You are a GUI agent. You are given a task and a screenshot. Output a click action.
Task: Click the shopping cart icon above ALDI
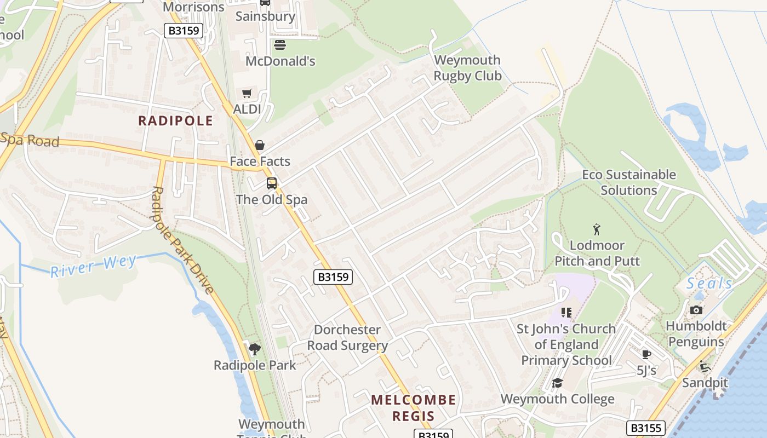[247, 93]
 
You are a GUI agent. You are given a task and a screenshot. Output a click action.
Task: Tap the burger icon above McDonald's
[280, 44]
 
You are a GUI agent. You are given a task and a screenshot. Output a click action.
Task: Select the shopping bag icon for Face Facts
[260, 145]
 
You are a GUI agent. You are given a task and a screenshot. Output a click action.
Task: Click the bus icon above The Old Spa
[272, 183]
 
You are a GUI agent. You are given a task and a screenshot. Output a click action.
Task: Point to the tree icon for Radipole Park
[254, 349]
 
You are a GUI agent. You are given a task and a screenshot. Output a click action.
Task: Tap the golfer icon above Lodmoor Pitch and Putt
[597, 229]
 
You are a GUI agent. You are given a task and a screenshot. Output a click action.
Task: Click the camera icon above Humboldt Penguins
[696, 310]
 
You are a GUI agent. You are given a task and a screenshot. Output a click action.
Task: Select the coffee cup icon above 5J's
[646, 354]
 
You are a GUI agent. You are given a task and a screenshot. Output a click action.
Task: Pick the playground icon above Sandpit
[705, 366]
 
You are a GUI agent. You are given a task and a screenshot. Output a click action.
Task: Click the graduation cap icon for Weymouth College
[557, 383]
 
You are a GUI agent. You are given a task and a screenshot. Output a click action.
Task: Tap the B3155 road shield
[645, 428]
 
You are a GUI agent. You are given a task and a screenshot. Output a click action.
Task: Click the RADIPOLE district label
[175, 120]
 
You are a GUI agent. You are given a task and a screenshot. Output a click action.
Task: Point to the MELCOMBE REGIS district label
[413, 408]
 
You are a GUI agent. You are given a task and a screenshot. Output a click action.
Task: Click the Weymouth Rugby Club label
[467, 68]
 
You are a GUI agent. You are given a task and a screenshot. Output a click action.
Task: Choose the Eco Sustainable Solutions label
[628, 182]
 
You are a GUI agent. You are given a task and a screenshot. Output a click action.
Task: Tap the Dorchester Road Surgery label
[347, 337]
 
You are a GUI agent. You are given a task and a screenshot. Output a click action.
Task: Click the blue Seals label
[709, 283]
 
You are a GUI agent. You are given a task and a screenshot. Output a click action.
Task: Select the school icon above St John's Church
[566, 313]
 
